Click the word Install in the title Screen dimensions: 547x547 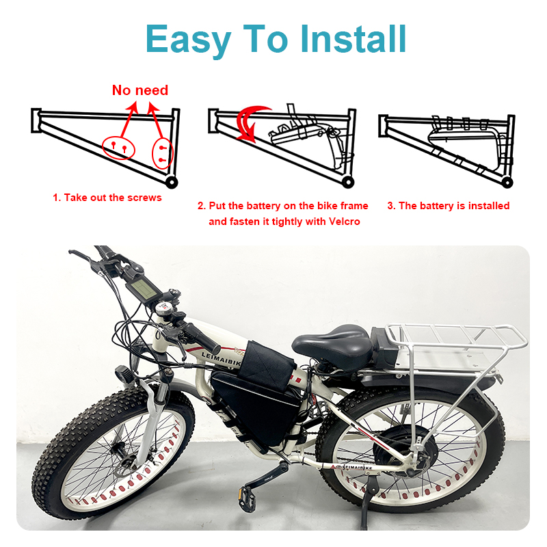pyautogui.click(x=353, y=39)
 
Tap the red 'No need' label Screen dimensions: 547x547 pyautogui.click(x=140, y=90)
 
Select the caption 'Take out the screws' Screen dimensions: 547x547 pyautogui.click(x=113, y=198)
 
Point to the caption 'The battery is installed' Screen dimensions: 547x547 pyautogui.click(x=454, y=206)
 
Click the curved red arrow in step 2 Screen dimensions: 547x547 pyautogui.click(x=250, y=124)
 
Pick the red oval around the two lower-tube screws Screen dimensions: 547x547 pyautogui.click(x=118, y=148)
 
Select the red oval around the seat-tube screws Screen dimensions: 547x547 pyautogui.click(x=163, y=153)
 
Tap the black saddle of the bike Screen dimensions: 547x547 pyautogui.click(x=332, y=344)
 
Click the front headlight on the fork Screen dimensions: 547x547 pyautogui.click(x=124, y=375)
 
